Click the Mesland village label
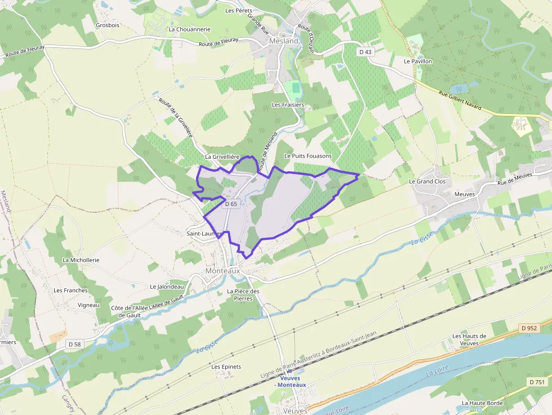pyautogui.click(x=283, y=41)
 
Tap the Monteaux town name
pyautogui.click(x=222, y=270)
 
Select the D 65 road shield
pyautogui.click(x=231, y=204)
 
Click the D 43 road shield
pyautogui.click(x=366, y=52)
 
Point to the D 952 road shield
pyautogui.click(x=529, y=328)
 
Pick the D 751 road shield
pyautogui.click(x=537, y=382)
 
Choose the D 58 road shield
pyautogui.click(x=74, y=343)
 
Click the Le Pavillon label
pyautogui.click(x=418, y=61)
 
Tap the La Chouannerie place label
pyautogui.click(x=189, y=29)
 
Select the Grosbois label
pyautogui.click(x=108, y=25)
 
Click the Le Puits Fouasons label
pyautogui.click(x=308, y=155)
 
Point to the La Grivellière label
pyautogui.click(x=223, y=157)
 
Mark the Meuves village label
pyautogui.click(x=465, y=194)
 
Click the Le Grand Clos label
pyautogui.click(x=427, y=181)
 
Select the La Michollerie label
pyautogui.click(x=81, y=260)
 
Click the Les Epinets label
pyautogui.click(x=226, y=367)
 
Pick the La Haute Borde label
pyautogui.click(x=482, y=403)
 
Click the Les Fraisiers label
pyautogui.click(x=288, y=105)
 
